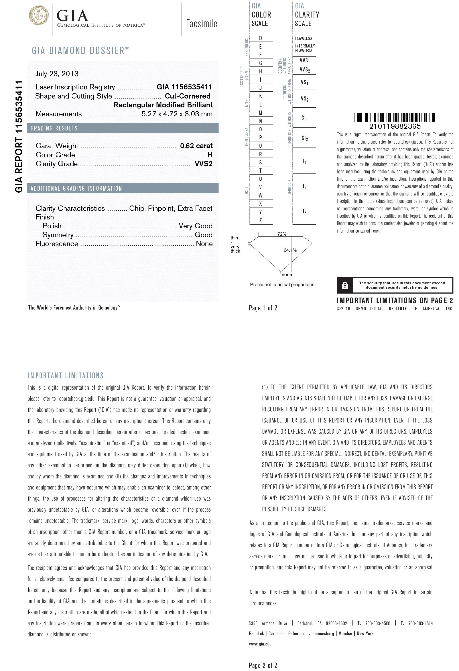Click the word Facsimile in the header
(201, 24)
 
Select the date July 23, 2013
(57, 74)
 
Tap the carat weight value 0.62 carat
(196, 146)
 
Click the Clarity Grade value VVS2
(203, 164)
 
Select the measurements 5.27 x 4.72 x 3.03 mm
(177, 114)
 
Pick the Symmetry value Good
(203, 235)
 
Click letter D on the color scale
(260, 38)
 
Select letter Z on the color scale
(260, 220)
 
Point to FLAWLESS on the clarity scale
(303, 38)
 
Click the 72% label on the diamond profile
(282, 234)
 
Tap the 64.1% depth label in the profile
(290, 250)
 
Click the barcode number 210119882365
(395, 126)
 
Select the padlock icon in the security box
(345, 286)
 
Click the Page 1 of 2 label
(263, 308)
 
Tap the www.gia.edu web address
(260, 643)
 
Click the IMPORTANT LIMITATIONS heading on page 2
(65, 376)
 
